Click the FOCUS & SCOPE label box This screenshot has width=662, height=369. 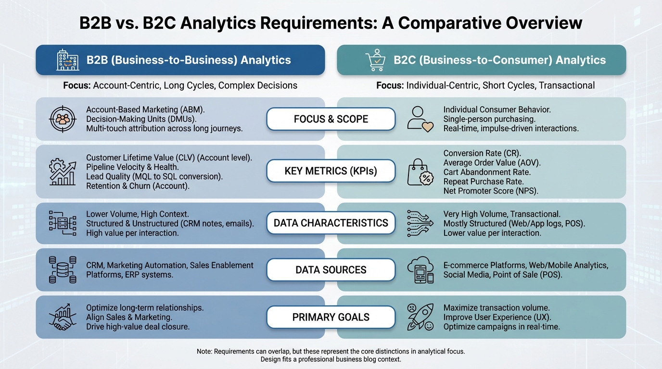click(331, 119)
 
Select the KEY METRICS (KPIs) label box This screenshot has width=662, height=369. click(331, 171)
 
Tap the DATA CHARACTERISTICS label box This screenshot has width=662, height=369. click(331, 223)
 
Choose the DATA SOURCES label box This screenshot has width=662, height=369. click(331, 270)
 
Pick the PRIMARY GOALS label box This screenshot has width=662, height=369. click(331, 317)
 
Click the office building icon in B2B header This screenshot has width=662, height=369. click(68, 60)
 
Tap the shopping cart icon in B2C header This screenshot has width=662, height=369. click(376, 60)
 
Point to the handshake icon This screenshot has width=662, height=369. click(63, 317)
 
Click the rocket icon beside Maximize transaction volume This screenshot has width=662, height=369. click(420, 317)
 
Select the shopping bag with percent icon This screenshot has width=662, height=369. click(420, 172)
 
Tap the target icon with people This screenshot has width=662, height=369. click(63, 119)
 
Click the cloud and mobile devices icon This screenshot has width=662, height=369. click(420, 270)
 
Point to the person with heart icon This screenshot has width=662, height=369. click(420, 119)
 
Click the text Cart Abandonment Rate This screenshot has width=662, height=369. click(487, 172)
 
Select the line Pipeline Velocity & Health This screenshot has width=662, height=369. click(132, 167)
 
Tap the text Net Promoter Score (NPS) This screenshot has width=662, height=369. click(491, 191)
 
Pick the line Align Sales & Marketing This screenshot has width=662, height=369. click(129, 317)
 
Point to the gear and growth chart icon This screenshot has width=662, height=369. click(63, 172)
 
